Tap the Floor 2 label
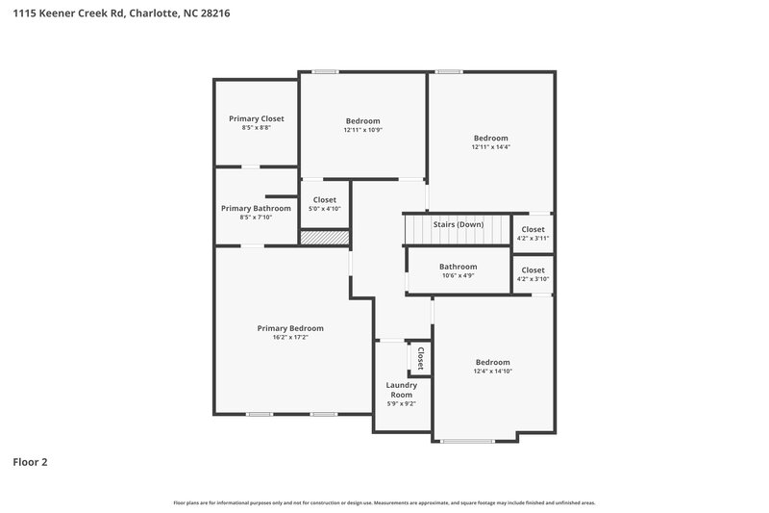pyautogui.click(x=30, y=462)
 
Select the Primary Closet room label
pyautogui.click(x=257, y=118)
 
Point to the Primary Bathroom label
pyautogui.click(x=256, y=208)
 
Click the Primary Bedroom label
pyautogui.click(x=290, y=328)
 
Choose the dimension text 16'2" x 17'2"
pyautogui.click(x=290, y=338)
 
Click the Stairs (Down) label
pyautogui.click(x=458, y=224)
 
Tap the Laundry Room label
pyautogui.click(x=401, y=390)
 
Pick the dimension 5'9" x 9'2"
pyautogui.click(x=401, y=403)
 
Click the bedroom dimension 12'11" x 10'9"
pyautogui.click(x=362, y=130)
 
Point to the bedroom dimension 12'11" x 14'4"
pyautogui.click(x=490, y=147)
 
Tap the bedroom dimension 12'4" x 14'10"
pyautogui.click(x=492, y=372)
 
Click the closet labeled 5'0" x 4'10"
pyautogui.click(x=324, y=209)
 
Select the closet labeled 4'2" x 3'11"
pyautogui.click(x=533, y=238)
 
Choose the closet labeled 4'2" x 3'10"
pyautogui.click(x=533, y=279)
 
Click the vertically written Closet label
pyautogui.click(x=420, y=358)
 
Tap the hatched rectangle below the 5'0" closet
pyautogui.click(x=324, y=237)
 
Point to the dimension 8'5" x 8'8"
pyautogui.click(x=257, y=128)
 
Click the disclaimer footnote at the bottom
pyautogui.click(x=384, y=502)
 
